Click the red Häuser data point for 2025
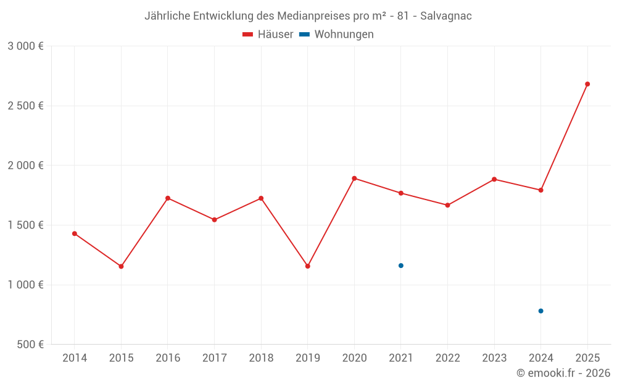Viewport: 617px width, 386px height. tap(587, 84)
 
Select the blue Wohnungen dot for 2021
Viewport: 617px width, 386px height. tap(401, 266)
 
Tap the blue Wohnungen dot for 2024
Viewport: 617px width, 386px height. tap(540, 311)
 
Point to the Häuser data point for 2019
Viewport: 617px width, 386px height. tap(308, 266)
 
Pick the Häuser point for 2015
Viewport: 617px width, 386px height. tap(121, 266)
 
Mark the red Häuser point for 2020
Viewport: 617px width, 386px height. tap(354, 178)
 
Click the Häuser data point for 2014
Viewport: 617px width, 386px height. tap(75, 233)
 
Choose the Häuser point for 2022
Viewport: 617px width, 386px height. tap(447, 205)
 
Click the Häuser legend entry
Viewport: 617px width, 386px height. tap(268, 35)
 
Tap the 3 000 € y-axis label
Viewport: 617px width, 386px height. tap(25, 46)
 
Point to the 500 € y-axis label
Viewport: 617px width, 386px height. tap(29, 345)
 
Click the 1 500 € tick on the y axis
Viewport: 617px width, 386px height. tap(25, 225)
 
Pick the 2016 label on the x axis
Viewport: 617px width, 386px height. tap(168, 358)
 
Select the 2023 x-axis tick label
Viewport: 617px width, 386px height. tap(494, 358)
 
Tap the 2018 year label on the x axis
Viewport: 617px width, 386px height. tap(261, 358)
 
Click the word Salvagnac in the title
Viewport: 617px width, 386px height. tap(446, 16)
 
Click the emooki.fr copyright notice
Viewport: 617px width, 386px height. tap(563, 373)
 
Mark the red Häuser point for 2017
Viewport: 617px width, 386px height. tap(214, 220)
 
